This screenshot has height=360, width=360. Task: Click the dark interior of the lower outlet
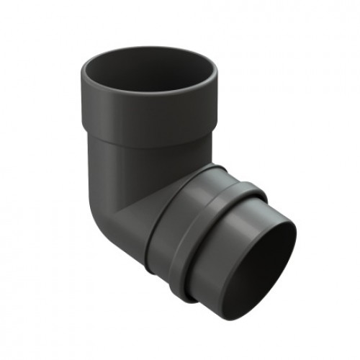click(x=266, y=266)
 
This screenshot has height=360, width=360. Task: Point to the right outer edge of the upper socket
click(x=214, y=108)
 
